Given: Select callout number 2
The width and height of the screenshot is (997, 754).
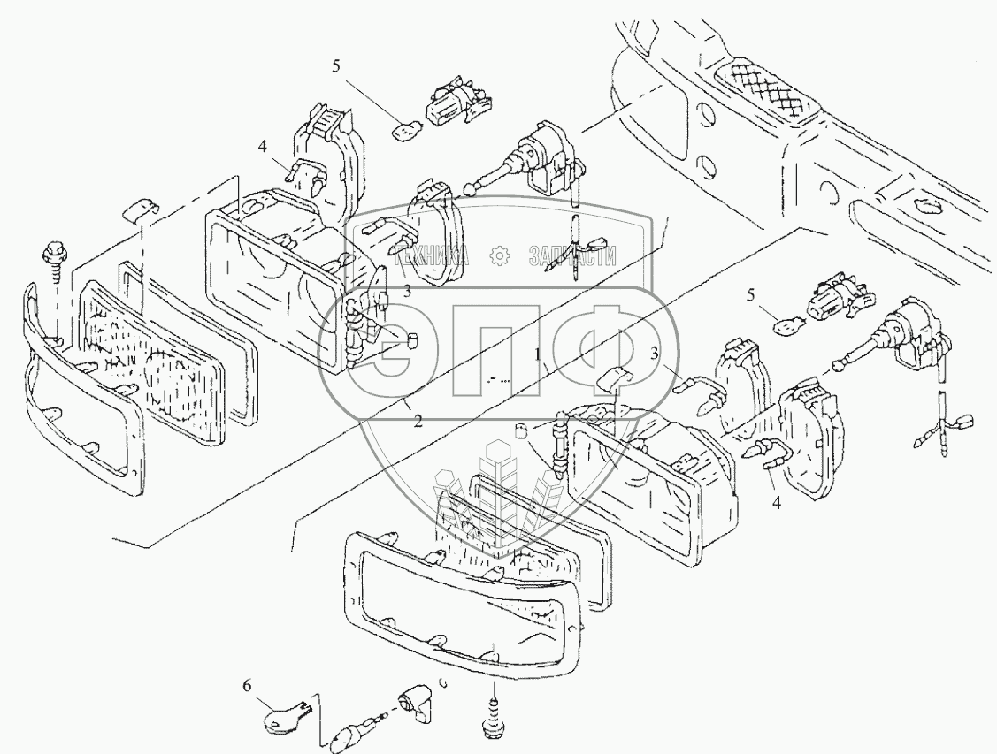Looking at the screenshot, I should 418,422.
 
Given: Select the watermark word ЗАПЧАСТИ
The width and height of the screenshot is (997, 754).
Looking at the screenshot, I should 571,255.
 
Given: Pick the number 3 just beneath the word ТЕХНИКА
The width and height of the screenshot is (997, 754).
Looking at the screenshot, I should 408,290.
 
